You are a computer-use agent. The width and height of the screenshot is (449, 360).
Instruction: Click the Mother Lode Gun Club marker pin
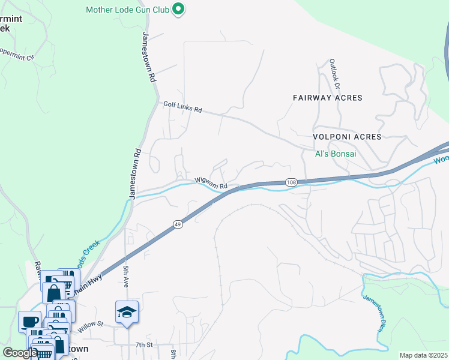[x=178, y=10]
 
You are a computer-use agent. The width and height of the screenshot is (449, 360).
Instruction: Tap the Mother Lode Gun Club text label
[x=128, y=10]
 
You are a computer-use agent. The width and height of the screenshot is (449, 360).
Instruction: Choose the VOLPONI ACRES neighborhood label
[x=347, y=137]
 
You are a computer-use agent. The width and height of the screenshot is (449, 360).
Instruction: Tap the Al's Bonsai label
[x=336, y=154]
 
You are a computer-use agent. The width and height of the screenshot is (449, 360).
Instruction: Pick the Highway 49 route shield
[x=178, y=224]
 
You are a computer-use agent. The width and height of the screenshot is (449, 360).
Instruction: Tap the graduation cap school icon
[x=127, y=312]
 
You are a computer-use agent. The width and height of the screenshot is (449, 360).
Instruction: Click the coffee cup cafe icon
[x=29, y=321]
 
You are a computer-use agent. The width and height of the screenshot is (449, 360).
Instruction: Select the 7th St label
[x=145, y=344]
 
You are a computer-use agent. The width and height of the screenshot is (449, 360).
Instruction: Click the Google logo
[x=20, y=353]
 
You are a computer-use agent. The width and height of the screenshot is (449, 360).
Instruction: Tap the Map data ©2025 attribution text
[x=423, y=355]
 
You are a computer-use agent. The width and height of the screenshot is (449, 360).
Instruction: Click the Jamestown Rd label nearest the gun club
[x=148, y=57]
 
